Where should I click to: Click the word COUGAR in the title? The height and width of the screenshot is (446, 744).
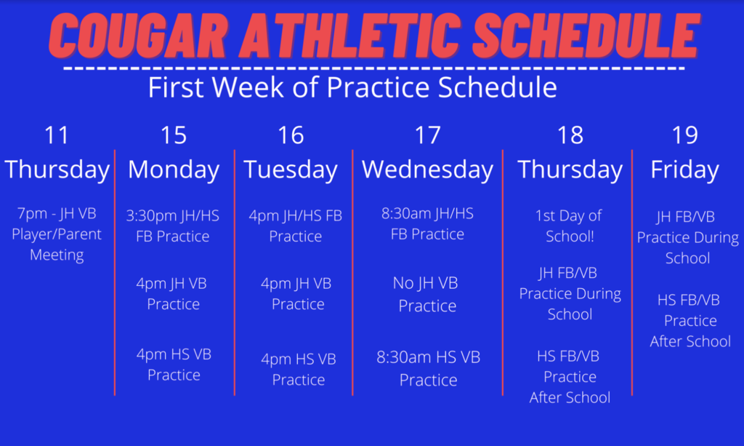tap(139, 36)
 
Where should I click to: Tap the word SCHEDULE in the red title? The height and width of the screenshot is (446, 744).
tap(586, 36)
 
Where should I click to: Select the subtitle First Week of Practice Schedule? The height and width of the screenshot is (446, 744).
tap(352, 87)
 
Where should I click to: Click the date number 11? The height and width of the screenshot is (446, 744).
tap(57, 135)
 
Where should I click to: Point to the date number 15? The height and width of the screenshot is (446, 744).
tap(174, 135)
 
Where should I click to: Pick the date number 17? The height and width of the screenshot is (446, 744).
tap(427, 135)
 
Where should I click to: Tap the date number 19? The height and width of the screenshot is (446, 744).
tap(685, 135)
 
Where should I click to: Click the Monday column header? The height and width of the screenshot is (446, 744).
tap(174, 170)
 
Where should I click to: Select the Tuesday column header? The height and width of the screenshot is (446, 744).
tap(291, 170)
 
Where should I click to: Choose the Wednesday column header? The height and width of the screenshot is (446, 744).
tap(427, 170)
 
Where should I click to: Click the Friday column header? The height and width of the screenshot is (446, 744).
tap(684, 170)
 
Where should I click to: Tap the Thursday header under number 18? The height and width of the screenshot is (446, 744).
tap(570, 170)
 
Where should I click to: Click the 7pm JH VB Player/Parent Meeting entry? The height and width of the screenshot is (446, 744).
tap(57, 234)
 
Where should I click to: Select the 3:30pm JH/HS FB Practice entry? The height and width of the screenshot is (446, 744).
tap(173, 226)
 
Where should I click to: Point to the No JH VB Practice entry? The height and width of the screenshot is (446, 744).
tap(426, 294)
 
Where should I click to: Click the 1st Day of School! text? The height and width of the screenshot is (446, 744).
tap(569, 226)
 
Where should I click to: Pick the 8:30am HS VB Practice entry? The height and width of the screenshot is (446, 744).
tap(429, 368)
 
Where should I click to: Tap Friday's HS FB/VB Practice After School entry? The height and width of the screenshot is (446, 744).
tap(690, 321)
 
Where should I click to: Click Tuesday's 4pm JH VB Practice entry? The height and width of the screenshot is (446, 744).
tap(297, 293)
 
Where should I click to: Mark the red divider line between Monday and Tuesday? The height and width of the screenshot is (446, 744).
tap(235, 273)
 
